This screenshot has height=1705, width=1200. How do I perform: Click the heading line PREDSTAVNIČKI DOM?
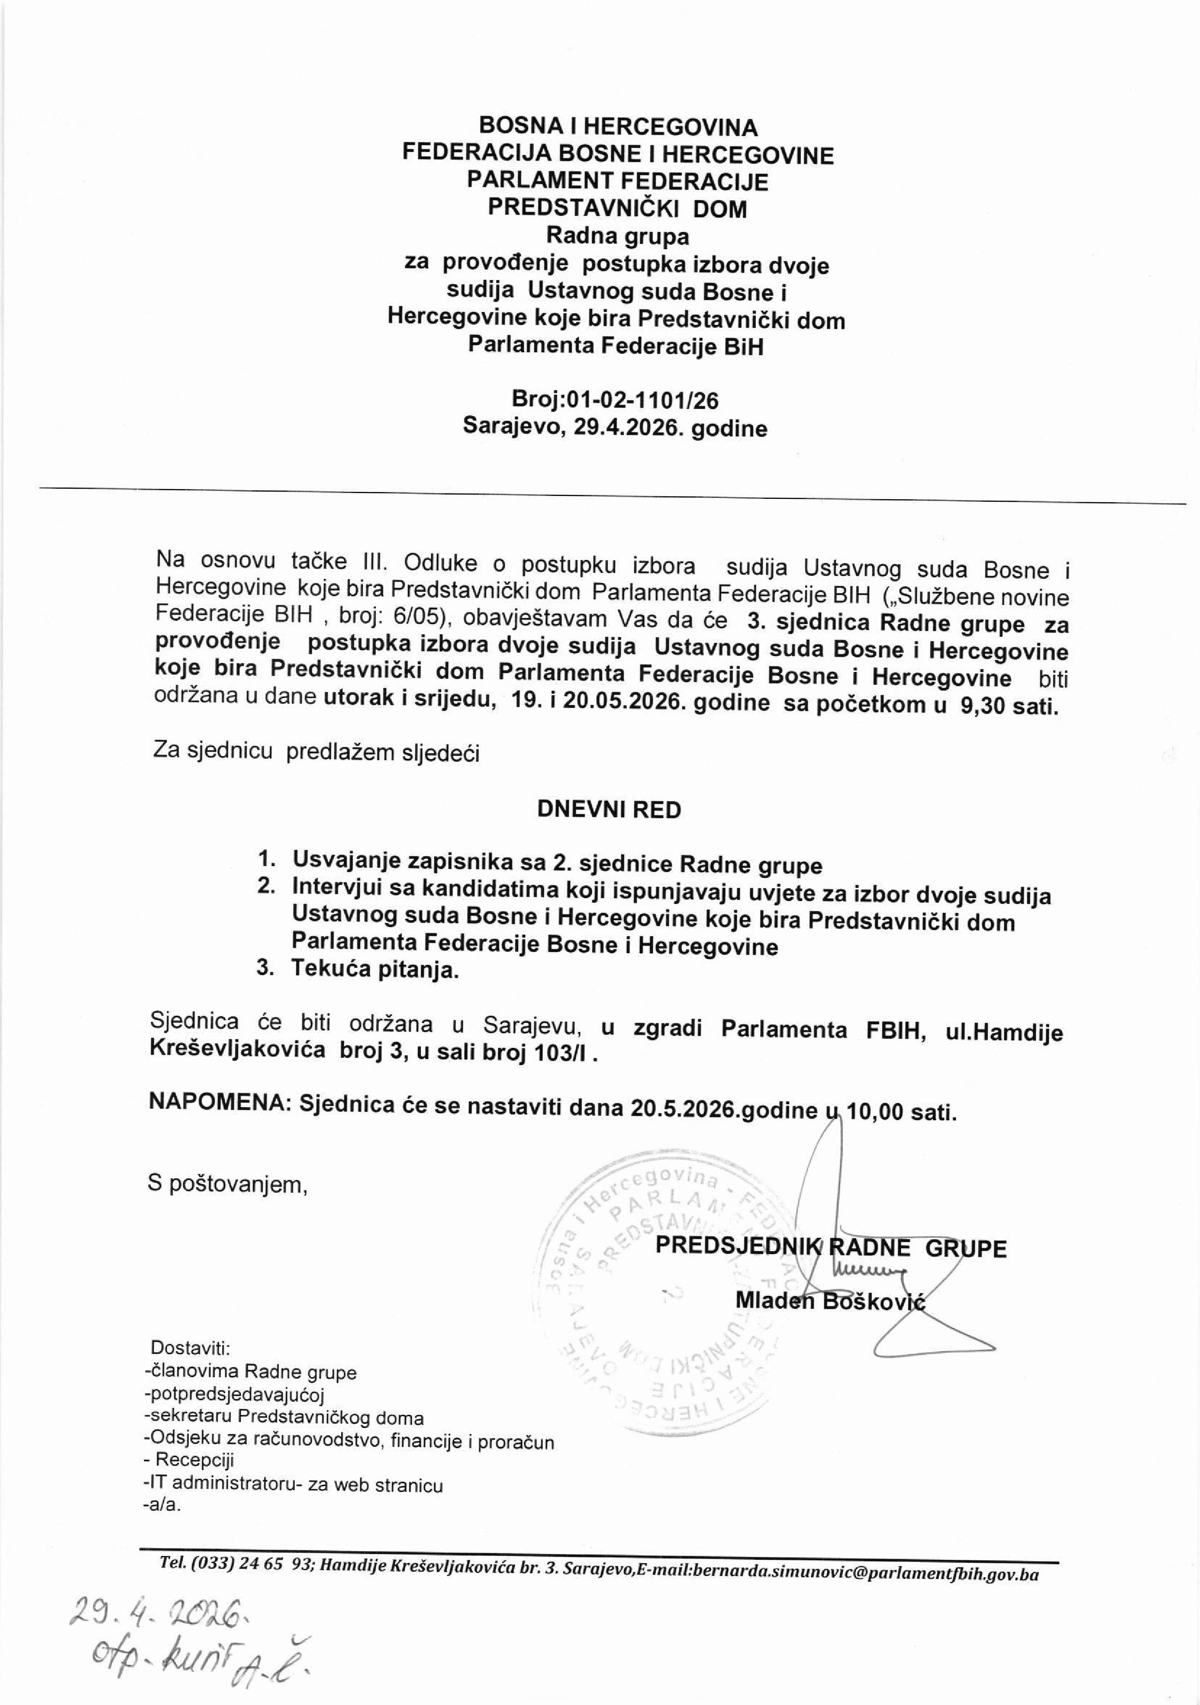[617, 208]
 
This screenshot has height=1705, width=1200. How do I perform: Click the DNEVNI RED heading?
[609, 809]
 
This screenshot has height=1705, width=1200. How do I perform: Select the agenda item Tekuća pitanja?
[376, 969]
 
